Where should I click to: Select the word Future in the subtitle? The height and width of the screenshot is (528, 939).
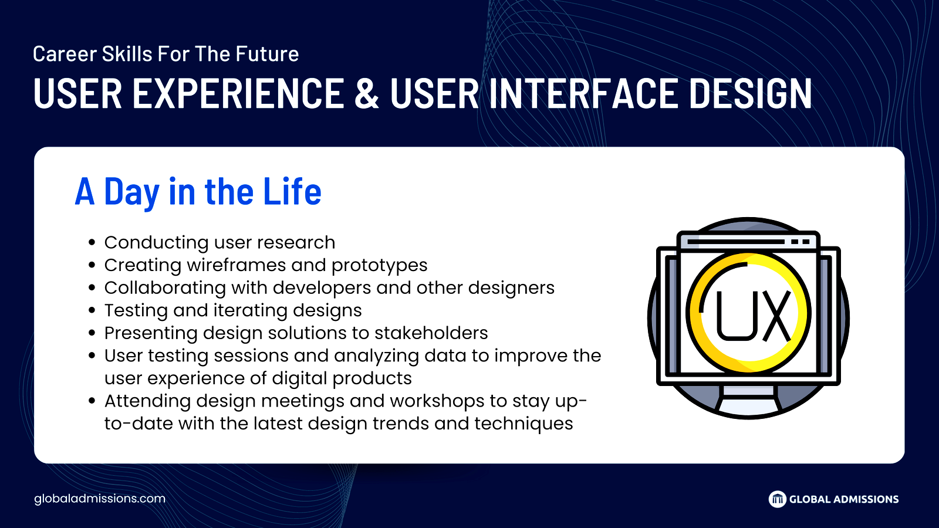267,53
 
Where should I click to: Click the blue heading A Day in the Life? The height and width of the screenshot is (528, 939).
198,191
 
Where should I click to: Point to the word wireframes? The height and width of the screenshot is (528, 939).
236,265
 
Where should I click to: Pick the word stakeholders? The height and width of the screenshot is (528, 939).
431,333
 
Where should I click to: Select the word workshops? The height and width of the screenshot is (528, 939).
437,401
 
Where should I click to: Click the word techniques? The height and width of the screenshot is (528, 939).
523,424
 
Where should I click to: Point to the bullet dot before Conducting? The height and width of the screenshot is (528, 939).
92,243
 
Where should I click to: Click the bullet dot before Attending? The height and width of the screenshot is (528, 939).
92,401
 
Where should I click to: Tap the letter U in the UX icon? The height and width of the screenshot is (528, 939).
736,315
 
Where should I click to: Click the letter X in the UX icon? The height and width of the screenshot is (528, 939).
777,315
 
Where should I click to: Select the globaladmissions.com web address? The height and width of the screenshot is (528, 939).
100,499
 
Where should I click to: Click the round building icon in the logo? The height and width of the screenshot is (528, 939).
777,499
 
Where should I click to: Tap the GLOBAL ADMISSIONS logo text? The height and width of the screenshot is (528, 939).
844,499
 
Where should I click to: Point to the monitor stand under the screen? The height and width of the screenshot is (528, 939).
748,400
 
